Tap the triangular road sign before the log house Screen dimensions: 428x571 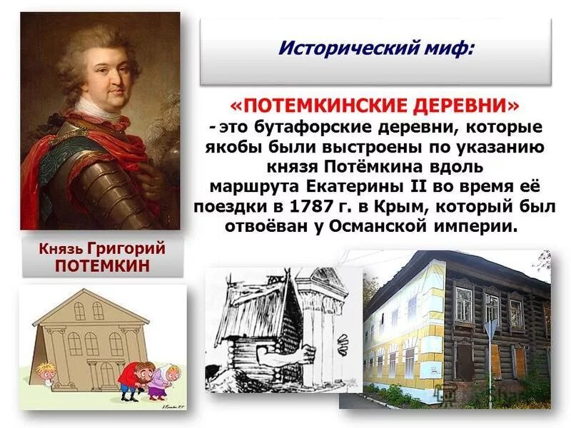click(490, 330)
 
